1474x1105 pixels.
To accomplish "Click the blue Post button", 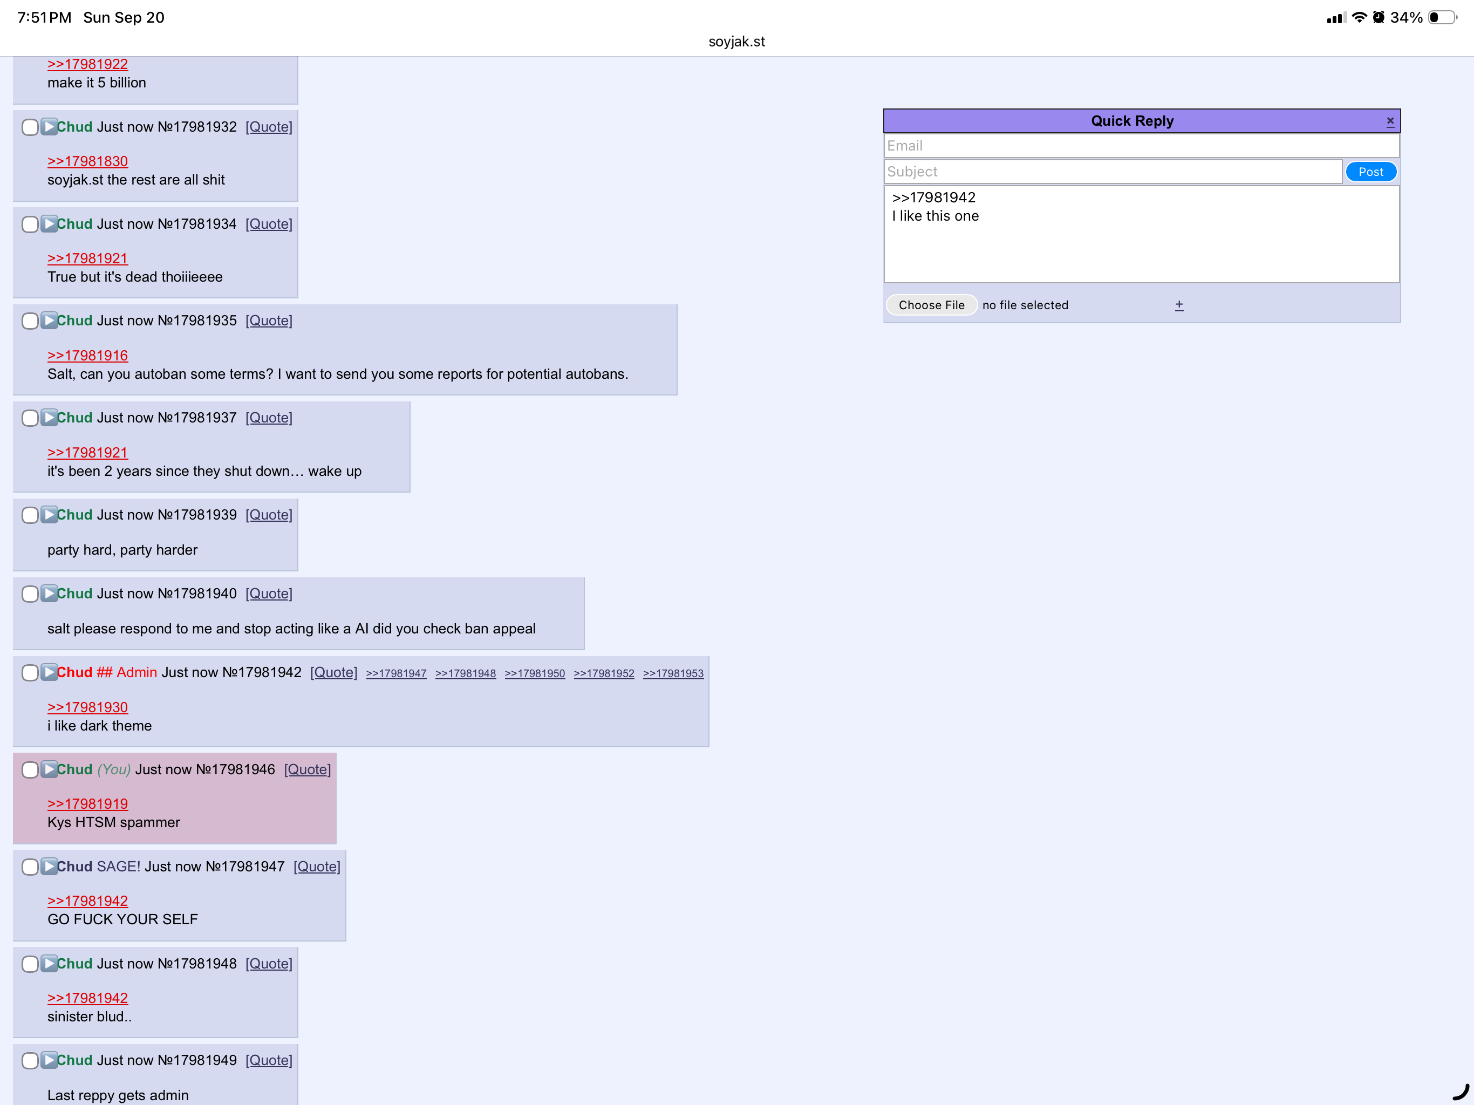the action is click(1371, 172).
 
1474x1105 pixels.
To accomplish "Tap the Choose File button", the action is click(932, 305).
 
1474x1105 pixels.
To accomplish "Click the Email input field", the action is click(1142, 146).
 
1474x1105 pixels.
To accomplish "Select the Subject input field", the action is click(1113, 172).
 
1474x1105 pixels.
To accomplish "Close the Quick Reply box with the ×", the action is click(1390, 121).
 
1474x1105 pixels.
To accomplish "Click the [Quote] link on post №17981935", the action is click(269, 320).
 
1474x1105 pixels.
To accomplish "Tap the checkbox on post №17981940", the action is click(30, 594).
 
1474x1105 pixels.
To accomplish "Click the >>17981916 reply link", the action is click(87, 356).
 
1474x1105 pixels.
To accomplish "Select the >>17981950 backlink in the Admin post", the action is click(535, 673).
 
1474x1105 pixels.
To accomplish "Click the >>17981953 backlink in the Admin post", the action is click(673, 673).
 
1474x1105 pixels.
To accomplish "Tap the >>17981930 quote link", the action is click(87, 708).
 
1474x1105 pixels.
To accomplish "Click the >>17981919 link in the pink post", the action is click(87, 804).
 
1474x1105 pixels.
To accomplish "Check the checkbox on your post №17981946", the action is click(30, 770).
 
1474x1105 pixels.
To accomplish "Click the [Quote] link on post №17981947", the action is click(317, 867).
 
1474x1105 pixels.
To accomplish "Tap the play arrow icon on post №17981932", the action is click(49, 127).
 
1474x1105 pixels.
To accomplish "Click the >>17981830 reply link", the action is click(87, 161).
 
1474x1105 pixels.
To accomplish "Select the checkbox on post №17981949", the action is click(30, 1060).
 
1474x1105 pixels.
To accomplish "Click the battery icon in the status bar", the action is click(1442, 17).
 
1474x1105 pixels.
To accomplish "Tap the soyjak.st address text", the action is click(736, 42).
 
